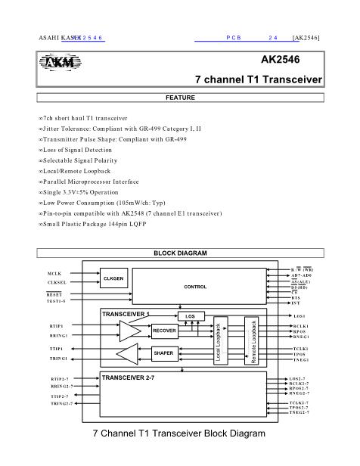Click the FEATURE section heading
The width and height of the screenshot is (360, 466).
pyautogui.click(x=180, y=98)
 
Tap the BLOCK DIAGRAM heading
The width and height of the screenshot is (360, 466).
pyautogui.click(x=180, y=253)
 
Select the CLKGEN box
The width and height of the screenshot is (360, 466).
pyautogui.click(x=114, y=279)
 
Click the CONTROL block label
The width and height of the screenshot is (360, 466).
pyautogui.click(x=195, y=287)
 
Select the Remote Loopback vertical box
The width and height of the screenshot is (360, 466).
pyautogui.click(x=253, y=340)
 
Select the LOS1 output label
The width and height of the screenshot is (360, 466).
pyautogui.click(x=298, y=315)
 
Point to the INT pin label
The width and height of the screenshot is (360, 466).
pyautogui.click(x=296, y=303)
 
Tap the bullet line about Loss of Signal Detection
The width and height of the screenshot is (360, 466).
pyautogui.click(x=79, y=150)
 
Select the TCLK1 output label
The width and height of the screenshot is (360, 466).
pyautogui.click(x=299, y=348)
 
